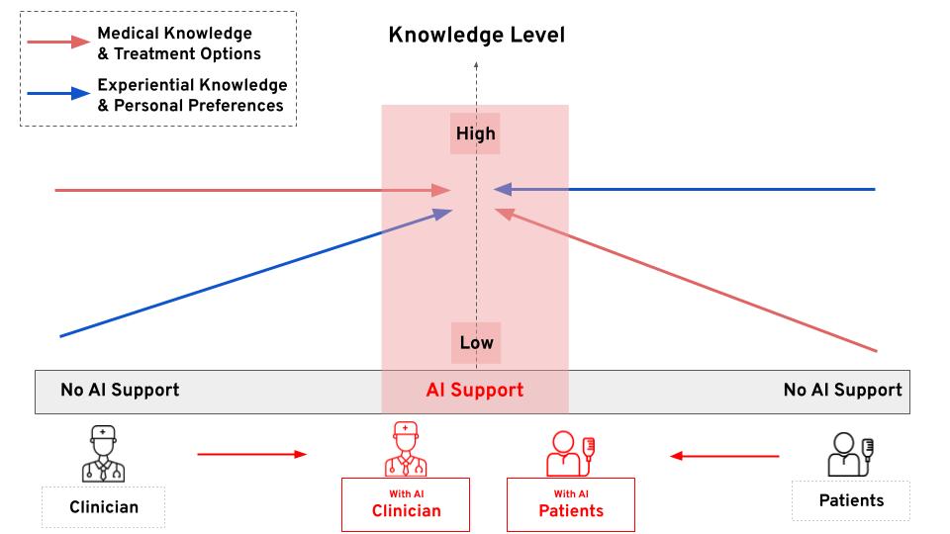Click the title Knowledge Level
[x=476, y=36]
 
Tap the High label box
[x=475, y=133]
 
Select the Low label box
[x=476, y=343]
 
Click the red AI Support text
[x=475, y=390]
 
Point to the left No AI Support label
[x=120, y=390]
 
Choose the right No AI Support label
[x=842, y=390]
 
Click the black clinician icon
[x=103, y=454]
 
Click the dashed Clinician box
[x=104, y=507]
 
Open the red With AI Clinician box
[x=406, y=504]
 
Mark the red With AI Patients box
[x=571, y=504]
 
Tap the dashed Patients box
[x=851, y=499]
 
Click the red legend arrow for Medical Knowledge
[x=59, y=43]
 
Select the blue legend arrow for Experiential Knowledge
[x=59, y=95]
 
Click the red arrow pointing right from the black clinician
[x=252, y=455]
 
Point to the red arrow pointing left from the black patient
[x=724, y=456]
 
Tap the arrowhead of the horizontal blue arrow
[x=503, y=189]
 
